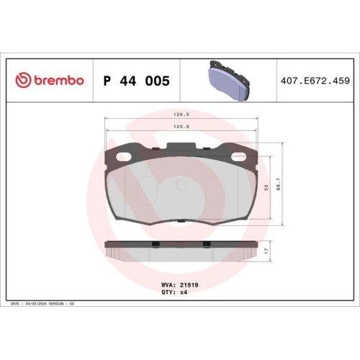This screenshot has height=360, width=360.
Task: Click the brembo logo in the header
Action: coord(50,81)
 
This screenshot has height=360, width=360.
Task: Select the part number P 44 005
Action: coord(137,81)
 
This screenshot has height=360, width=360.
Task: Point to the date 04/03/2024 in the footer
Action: coord(45,304)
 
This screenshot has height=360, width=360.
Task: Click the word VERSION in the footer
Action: coord(73,304)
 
